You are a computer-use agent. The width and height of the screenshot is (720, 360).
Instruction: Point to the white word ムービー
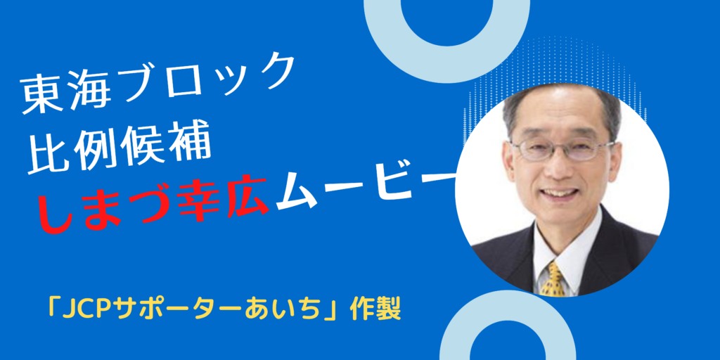(367, 188)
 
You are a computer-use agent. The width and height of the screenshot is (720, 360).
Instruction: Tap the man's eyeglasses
(562, 148)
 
